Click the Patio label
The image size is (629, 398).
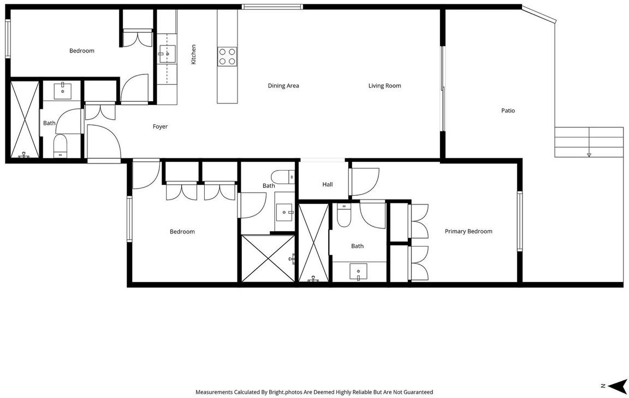(508, 110)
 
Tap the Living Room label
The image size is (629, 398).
(385, 85)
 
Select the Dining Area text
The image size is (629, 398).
(283, 85)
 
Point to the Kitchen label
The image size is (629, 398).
(193, 54)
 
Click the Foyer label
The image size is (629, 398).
(160, 126)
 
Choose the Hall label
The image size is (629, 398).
(328, 184)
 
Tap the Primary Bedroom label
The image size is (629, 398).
(468, 231)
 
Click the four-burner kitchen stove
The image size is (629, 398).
(227, 57)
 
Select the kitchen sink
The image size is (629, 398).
(167, 54)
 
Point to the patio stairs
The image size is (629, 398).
(589, 142)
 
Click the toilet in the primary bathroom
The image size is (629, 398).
(344, 215)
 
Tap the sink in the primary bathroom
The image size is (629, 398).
(358, 272)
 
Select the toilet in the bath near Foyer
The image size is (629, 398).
(61, 146)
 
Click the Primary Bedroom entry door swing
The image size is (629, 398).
(364, 182)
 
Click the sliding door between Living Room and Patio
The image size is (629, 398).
(443, 89)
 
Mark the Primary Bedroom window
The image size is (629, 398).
(520, 221)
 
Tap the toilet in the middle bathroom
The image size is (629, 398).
(283, 177)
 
